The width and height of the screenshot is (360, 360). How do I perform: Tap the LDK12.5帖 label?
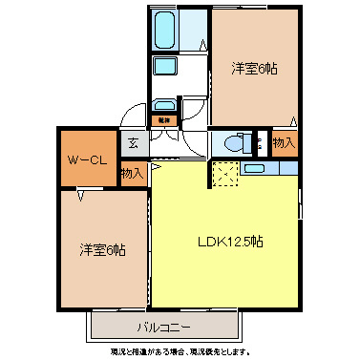coord(230,241)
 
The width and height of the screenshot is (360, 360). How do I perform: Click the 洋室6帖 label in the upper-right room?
coord(254,70)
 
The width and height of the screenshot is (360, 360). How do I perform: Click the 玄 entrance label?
coord(133,146)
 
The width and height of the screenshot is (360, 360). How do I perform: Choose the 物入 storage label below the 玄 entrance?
coord(133,173)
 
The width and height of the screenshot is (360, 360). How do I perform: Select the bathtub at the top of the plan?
coord(164,30)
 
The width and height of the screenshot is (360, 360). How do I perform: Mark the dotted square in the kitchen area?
coord(223,174)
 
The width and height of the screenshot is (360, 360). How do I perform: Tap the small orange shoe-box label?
coord(164,120)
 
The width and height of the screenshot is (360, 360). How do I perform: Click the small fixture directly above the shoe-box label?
coord(164,106)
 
